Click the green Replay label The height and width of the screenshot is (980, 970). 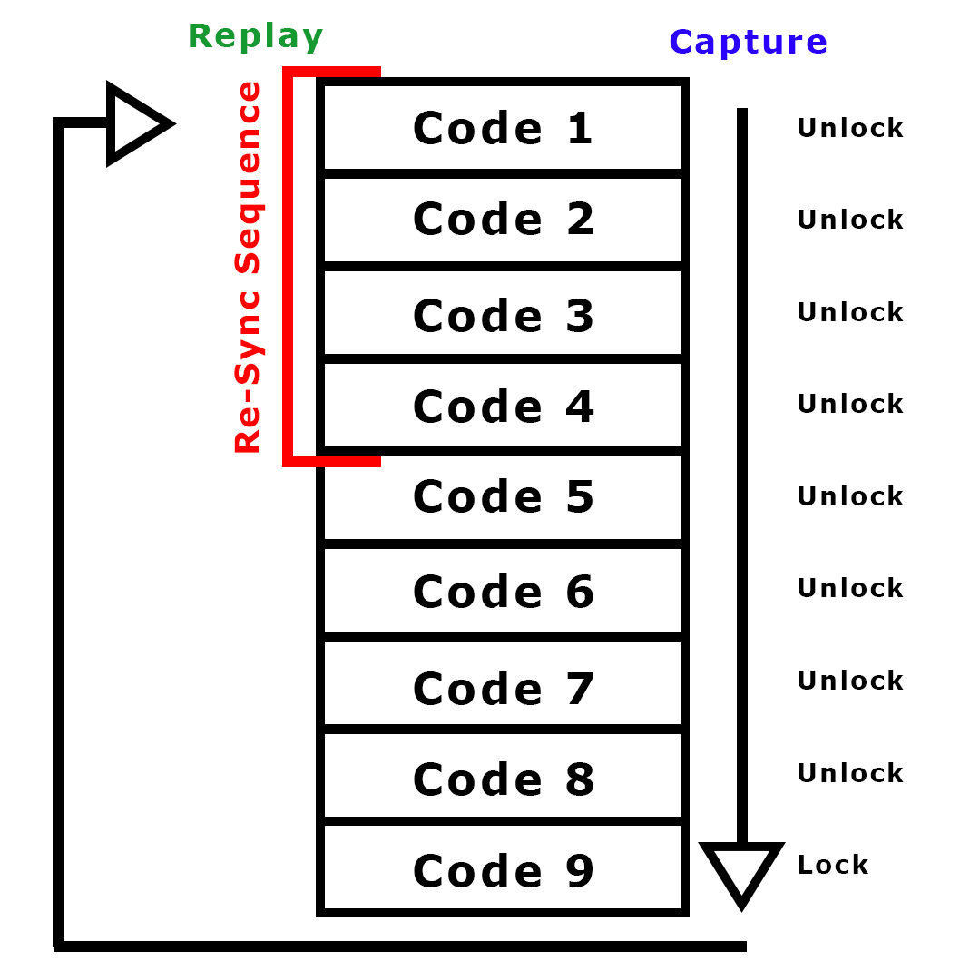pyautogui.click(x=255, y=36)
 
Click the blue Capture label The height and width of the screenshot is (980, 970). pyautogui.click(x=748, y=42)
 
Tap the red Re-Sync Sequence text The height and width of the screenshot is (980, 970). pyautogui.click(x=248, y=268)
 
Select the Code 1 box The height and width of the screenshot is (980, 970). pyautogui.click(x=503, y=127)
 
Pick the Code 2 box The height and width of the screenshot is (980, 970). pyautogui.click(x=503, y=220)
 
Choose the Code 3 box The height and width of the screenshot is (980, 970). pyautogui.click(x=503, y=315)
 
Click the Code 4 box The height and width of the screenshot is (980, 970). pyautogui.click(x=503, y=406)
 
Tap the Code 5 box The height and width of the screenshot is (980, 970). pyautogui.click(x=503, y=496)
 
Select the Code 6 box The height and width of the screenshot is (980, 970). pyautogui.click(x=503, y=592)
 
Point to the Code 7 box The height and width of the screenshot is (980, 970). pyautogui.click(x=503, y=687)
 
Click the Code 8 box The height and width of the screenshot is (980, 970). pyautogui.click(x=503, y=779)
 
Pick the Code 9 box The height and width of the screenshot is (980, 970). pyautogui.click(x=503, y=870)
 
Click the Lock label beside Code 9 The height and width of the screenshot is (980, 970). pyautogui.click(x=832, y=865)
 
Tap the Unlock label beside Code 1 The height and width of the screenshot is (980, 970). pyautogui.click(x=850, y=128)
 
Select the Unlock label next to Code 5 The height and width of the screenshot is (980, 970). pyautogui.click(x=850, y=496)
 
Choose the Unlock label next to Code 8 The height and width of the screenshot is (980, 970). pyautogui.click(x=850, y=773)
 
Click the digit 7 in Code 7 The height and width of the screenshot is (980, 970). pyautogui.click(x=579, y=687)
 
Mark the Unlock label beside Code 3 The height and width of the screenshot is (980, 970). pyautogui.click(x=850, y=312)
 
